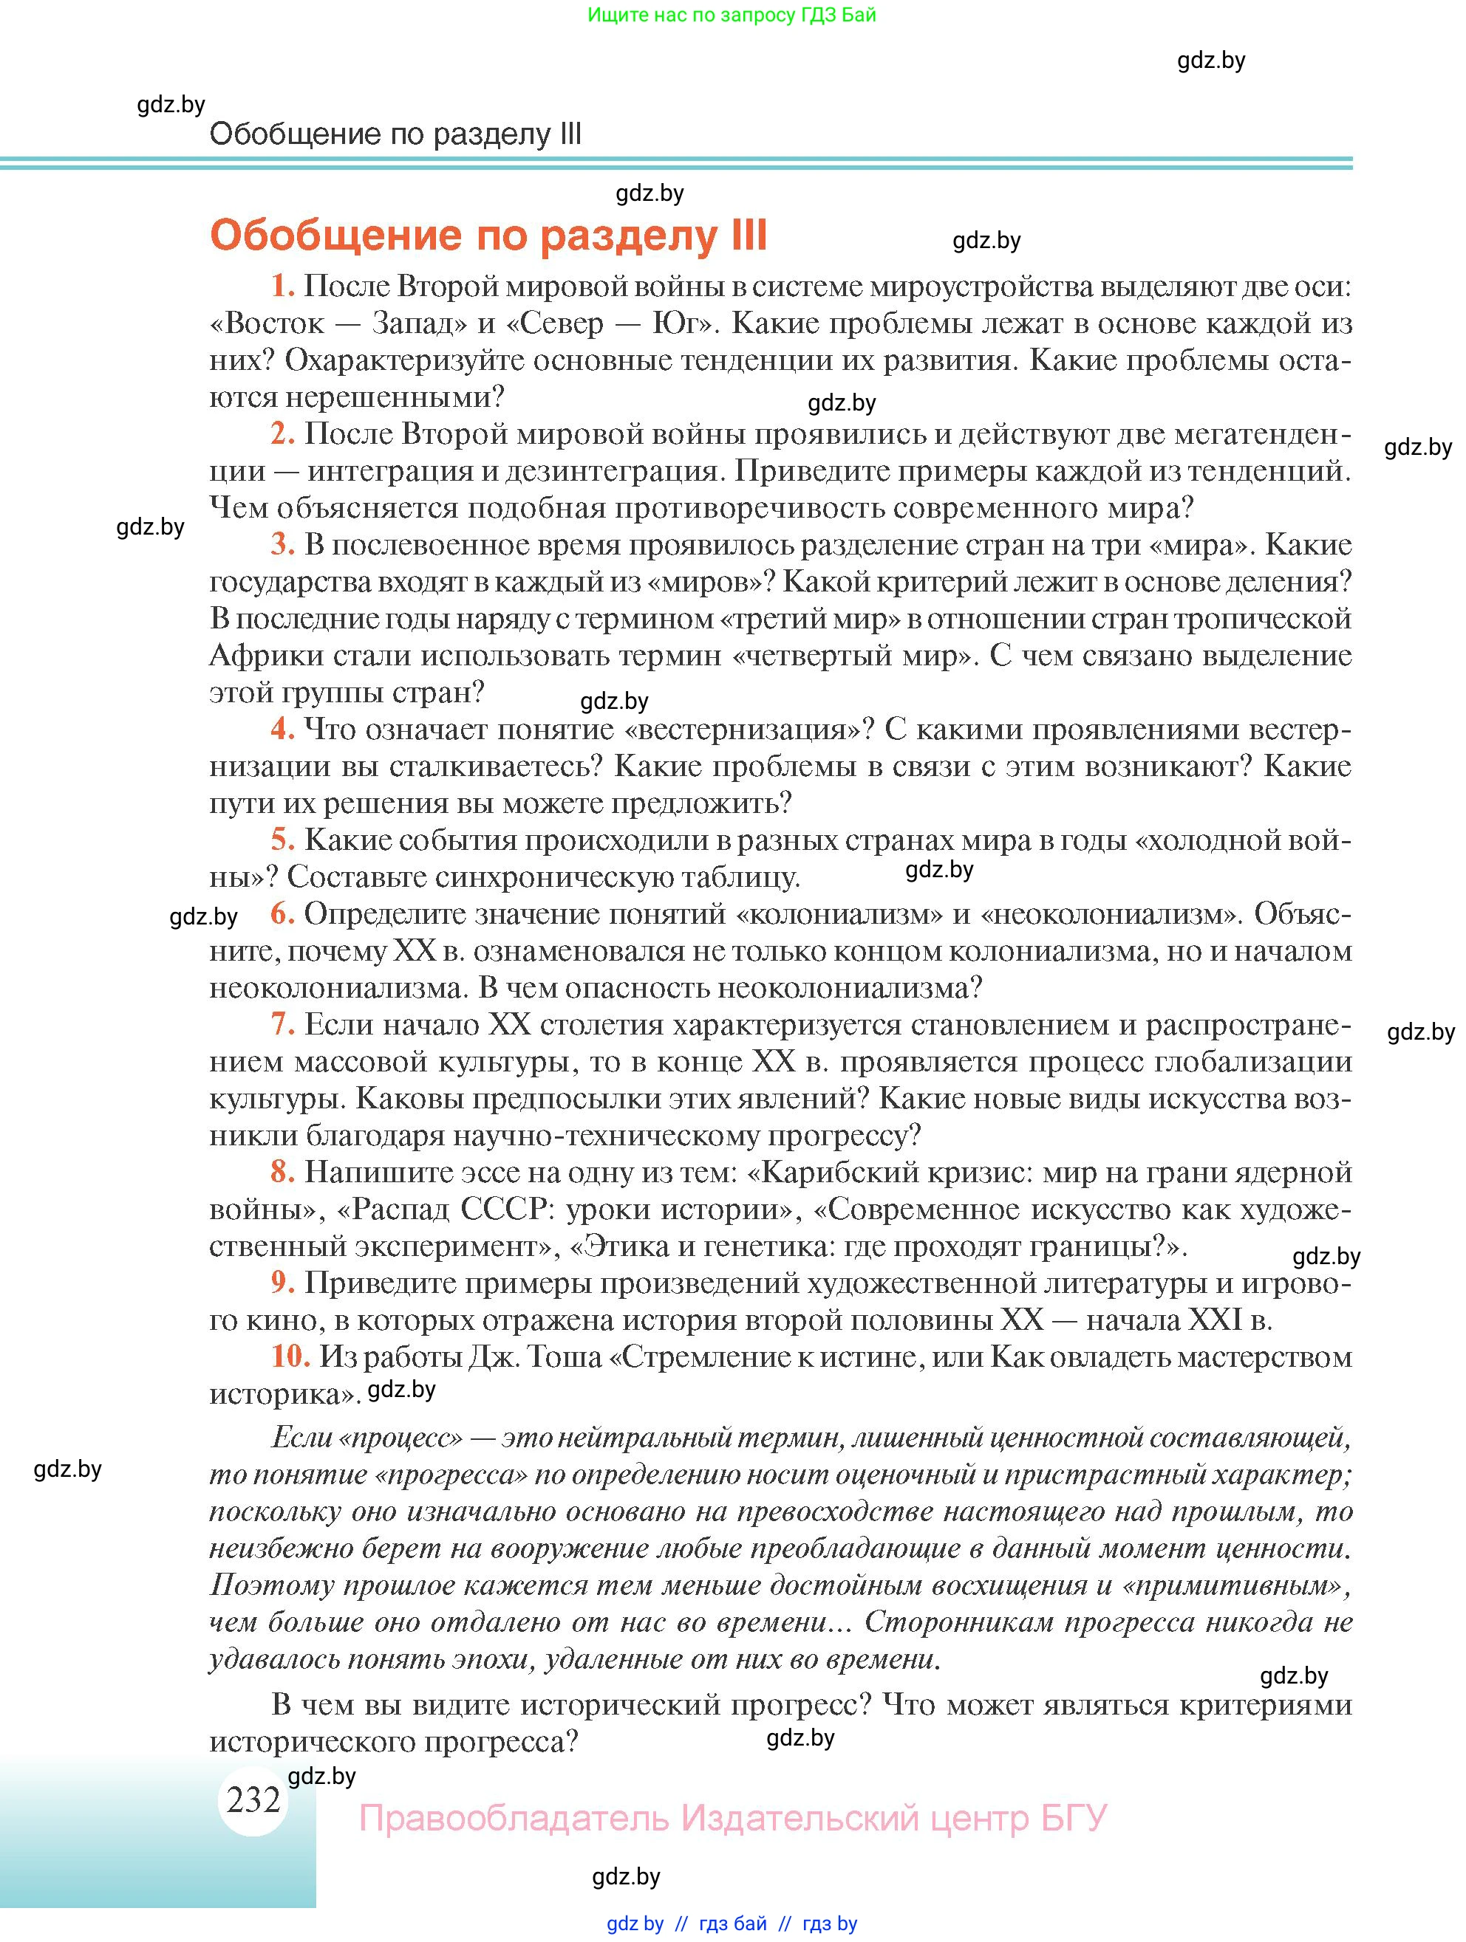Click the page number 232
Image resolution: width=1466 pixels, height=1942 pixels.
(x=253, y=1799)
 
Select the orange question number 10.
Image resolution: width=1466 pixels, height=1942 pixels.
(x=290, y=1356)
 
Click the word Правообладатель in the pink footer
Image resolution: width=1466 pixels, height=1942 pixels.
(x=514, y=1817)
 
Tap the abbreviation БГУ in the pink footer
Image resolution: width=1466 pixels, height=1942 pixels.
(x=1074, y=1817)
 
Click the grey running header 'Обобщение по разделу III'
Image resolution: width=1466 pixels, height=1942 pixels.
(x=395, y=134)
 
